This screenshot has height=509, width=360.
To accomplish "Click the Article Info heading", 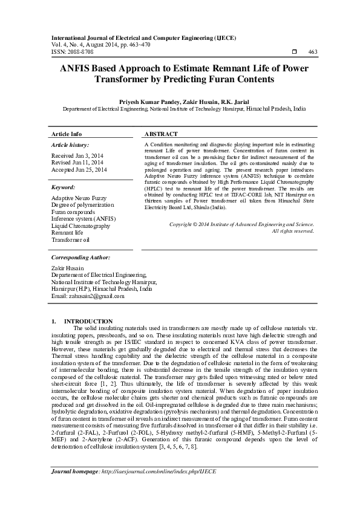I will click(x=67, y=134).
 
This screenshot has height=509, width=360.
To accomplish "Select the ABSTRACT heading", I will click(x=162, y=134).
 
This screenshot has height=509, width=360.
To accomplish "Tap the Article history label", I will click(x=70, y=145).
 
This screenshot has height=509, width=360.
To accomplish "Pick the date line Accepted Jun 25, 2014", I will click(x=79, y=170).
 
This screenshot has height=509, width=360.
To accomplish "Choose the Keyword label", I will click(x=63, y=187).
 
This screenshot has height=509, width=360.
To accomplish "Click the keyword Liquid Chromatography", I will click(x=80, y=225).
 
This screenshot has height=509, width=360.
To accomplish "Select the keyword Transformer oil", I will click(x=70, y=240).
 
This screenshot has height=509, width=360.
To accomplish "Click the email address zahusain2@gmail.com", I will click(x=88, y=296).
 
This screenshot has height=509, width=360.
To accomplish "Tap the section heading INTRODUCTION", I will click(x=88, y=321).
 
